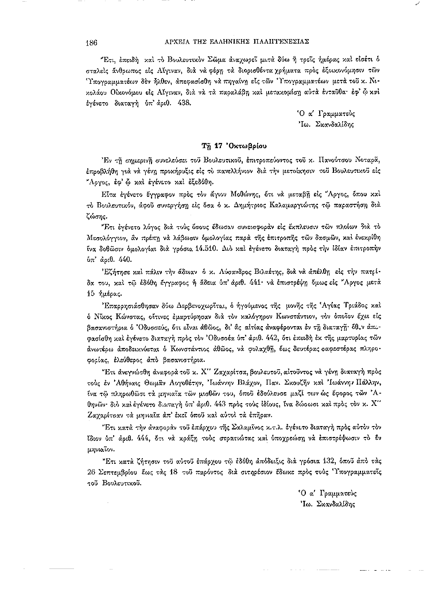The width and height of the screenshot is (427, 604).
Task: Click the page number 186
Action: tap(90, 41)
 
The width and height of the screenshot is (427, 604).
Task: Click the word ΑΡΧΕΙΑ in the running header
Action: tap(181, 41)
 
